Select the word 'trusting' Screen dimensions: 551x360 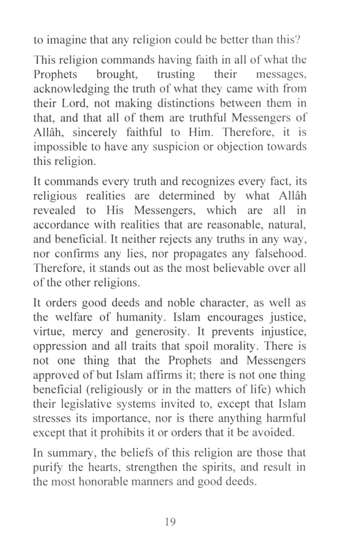click(x=176, y=74)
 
